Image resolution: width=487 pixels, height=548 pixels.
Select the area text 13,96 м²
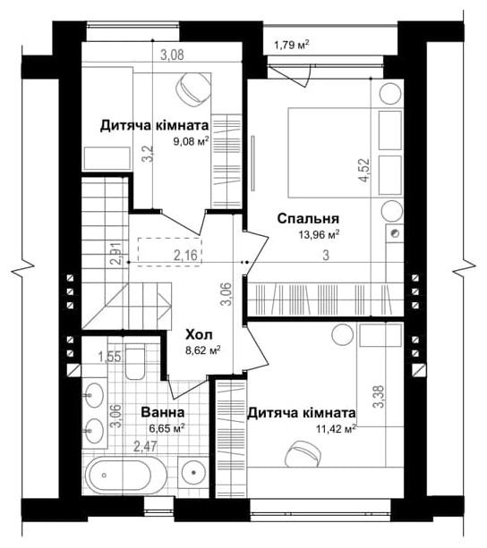click(x=320, y=235)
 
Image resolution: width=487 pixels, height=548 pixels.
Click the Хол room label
click(x=199, y=333)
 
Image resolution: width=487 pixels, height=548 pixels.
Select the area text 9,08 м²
click(x=192, y=141)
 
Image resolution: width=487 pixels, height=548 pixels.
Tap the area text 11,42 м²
click(x=335, y=428)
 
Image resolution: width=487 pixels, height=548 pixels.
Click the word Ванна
click(x=163, y=413)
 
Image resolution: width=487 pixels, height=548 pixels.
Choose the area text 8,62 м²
click(x=202, y=350)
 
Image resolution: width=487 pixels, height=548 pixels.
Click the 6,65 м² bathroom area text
click(x=167, y=428)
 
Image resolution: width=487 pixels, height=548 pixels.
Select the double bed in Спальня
click(x=323, y=152)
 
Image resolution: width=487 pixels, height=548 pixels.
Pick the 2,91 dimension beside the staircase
click(x=115, y=255)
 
